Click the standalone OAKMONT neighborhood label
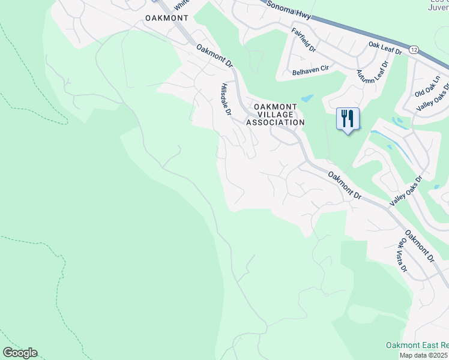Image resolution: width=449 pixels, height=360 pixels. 167,18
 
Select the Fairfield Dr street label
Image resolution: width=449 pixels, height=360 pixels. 304,39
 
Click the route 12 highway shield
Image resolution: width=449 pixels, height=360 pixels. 414,50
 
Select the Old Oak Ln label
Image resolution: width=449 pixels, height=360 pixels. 427,86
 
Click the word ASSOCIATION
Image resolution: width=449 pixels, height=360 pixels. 276,122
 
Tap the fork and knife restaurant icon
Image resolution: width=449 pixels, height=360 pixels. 347,119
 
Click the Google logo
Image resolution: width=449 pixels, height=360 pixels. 20,352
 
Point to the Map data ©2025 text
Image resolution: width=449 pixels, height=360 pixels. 424,355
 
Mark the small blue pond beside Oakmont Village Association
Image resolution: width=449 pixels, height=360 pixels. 307,98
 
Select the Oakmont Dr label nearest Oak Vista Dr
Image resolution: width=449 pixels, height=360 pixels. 419,247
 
